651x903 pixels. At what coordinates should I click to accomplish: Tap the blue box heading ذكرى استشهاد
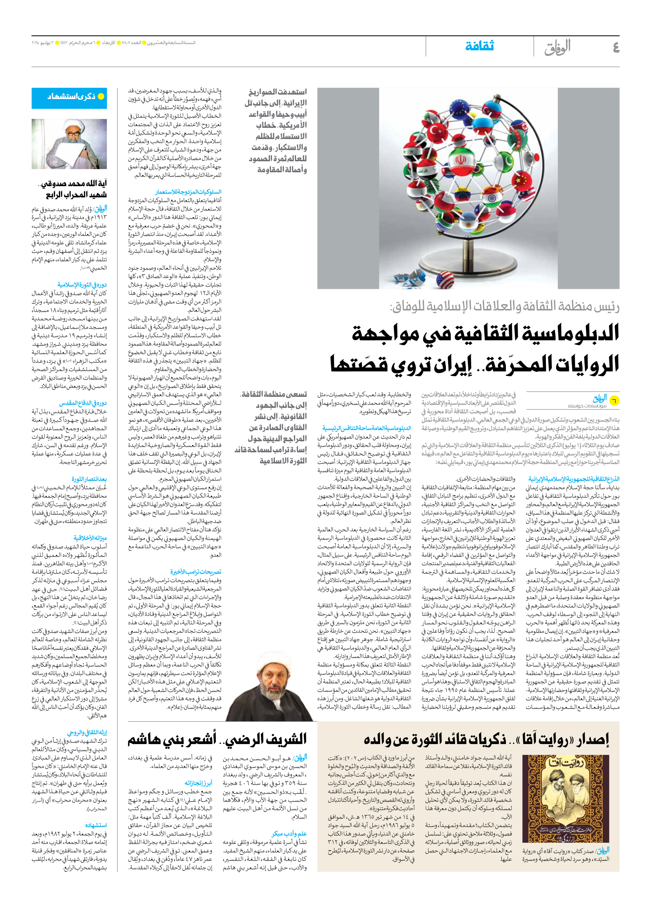point(70,97)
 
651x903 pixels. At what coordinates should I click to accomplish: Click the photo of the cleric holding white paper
point(69,144)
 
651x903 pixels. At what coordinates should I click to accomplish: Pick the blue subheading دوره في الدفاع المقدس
point(83,403)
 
